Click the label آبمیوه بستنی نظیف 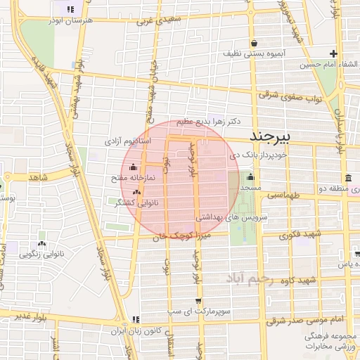pos(250,53)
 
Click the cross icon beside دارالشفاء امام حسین pos(334,53)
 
